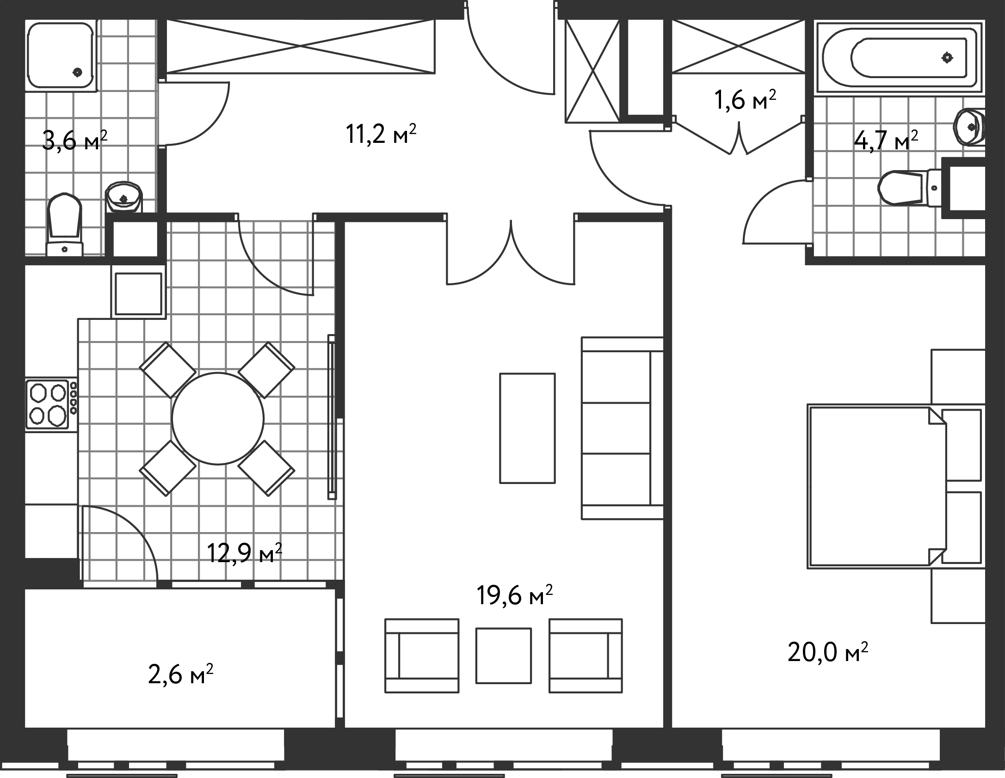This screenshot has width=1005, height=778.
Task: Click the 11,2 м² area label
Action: click(381, 135)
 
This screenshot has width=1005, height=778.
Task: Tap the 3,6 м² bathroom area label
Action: click(74, 140)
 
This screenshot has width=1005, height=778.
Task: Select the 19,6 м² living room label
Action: click(515, 595)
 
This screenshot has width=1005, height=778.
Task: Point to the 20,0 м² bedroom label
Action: click(827, 652)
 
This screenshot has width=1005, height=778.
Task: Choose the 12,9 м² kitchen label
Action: click(244, 553)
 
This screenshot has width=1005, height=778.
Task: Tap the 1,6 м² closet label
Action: click(745, 100)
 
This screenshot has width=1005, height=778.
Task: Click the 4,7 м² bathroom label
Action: click(886, 140)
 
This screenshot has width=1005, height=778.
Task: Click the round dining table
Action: click(217, 418)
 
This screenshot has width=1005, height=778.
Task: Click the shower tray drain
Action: click(77, 72)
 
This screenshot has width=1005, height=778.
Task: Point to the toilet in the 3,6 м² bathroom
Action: click(64, 225)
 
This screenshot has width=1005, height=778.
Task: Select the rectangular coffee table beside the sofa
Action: click(527, 428)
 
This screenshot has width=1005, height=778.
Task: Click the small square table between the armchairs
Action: click(504, 655)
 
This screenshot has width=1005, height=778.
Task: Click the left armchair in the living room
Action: click(422, 655)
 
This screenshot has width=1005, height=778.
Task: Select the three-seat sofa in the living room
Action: click(623, 428)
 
